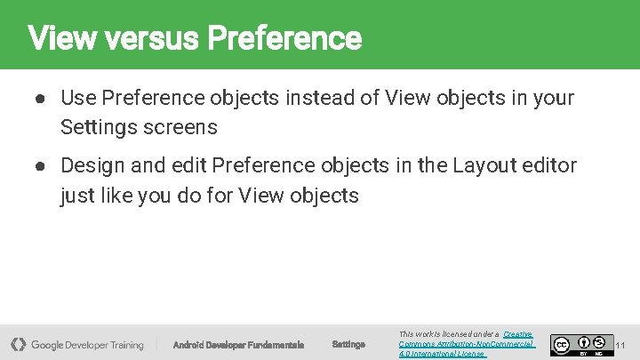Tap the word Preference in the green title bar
[x=284, y=38]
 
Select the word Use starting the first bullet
[x=77, y=98]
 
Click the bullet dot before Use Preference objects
[x=41, y=98]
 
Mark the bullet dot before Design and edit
[x=41, y=165]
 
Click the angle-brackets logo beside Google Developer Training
[x=18, y=344]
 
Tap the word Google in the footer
[x=52, y=345]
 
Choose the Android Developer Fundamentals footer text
[x=238, y=345]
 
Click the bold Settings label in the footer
[x=348, y=345]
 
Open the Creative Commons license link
[x=466, y=344]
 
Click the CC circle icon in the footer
[x=561, y=345]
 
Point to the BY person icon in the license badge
[x=584, y=340]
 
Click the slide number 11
[x=620, y=345]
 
